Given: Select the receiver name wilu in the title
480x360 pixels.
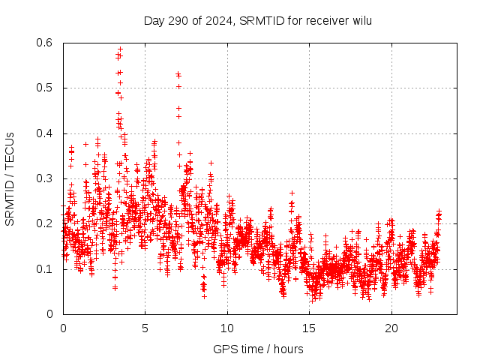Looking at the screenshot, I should [x=360, y=21].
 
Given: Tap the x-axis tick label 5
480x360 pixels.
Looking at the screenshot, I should [x=145, y=328].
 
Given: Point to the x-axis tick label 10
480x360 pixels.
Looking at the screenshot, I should [x=227, y=328].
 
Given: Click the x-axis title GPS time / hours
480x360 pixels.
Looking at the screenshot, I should [x=258, y=349].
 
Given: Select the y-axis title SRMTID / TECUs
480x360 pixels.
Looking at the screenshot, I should [x=10, y=178].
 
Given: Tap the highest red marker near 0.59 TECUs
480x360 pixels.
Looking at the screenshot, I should [x=120, y=49].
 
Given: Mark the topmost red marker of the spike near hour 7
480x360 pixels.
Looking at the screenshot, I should [x=178, y=73].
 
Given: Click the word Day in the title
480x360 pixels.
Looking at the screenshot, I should [x=154, y=21].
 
